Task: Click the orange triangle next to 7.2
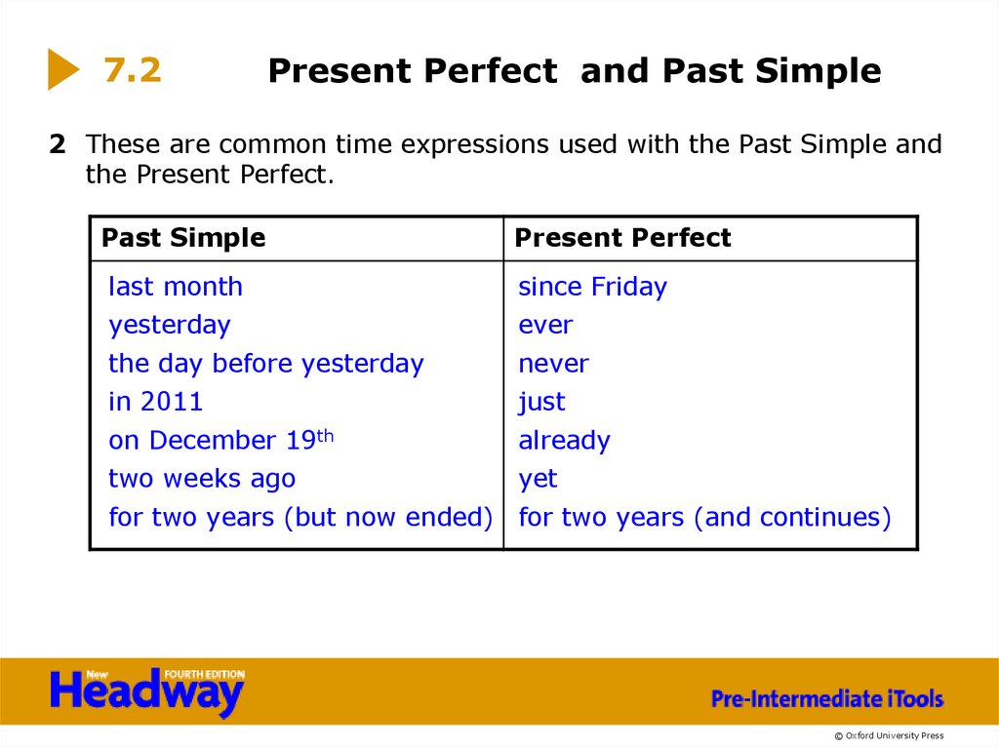61,70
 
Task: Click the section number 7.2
133,70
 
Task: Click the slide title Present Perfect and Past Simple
574,71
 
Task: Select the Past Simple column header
183,238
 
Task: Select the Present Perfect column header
622,238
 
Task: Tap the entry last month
176,287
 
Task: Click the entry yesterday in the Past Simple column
170,325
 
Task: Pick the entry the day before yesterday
266,364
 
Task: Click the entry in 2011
156,402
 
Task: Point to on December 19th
221,440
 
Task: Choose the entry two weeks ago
202,479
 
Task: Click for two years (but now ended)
300,517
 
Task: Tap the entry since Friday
592,287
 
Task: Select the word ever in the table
545,325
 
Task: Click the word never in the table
553,364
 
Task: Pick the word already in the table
564,441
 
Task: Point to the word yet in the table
538,480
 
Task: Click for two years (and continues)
704,517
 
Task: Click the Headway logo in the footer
146,691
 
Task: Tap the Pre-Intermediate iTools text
827,698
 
